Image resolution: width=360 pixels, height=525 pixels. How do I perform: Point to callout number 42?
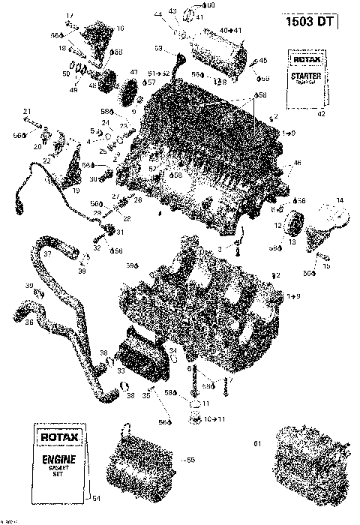pyautogui.click(x=321, y=113)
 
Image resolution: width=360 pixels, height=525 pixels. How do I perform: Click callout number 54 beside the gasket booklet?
pyautogui.click(x=95, y=496)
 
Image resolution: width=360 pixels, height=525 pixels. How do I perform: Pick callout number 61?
pyautogui.click(x=257, y=444)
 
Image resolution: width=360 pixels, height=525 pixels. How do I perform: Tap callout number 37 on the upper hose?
pyautogui.click(x=46, y=254)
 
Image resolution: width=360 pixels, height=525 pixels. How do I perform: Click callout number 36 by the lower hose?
pyautogui.click(x=29, y=322)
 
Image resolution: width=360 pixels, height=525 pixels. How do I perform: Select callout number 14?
pyautogui.click(x=339, y=199)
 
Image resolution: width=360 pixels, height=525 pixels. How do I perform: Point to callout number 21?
pyautogui.click(x=26, y=112)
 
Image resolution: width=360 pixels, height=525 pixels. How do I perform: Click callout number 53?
pyautogui.click(x=158, y=48)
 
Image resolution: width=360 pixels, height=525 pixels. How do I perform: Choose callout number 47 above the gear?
pyautogui.click(x=134, y=72)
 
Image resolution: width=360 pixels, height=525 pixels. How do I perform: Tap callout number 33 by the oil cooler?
pyautogui.click(x=120, y=370)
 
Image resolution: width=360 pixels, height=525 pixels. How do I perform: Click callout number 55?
pyautogui.click(x=190, y=459)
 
